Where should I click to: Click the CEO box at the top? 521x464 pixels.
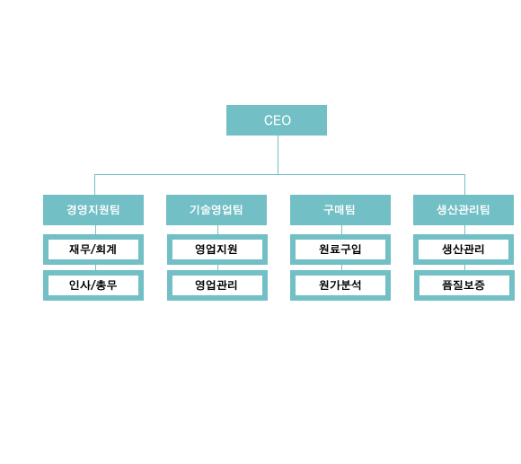click(x=277, y=120)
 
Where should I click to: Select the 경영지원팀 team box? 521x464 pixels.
click(x=93, y=210)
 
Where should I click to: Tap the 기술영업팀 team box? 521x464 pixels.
click(x=216, y=210)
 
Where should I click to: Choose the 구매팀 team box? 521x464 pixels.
click(x=340, y=210)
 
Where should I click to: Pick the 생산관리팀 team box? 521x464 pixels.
click(x=464, y=210)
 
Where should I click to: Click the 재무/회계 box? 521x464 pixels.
click(x=93, y=250)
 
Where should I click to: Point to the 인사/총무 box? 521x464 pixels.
click(x=93, y=285)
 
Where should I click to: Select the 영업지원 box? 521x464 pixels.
click(x=217, y=250)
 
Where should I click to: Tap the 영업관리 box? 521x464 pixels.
click(x=217, y=285)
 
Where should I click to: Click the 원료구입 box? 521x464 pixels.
click(x=340, y=250)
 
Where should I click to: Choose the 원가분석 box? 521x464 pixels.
click(x=340, y=285)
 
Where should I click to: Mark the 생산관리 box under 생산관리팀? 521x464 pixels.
click(x=464, y=250)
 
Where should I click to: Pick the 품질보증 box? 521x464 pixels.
click(x=464, y=285)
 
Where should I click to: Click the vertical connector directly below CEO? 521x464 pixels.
click(x=278, y=154)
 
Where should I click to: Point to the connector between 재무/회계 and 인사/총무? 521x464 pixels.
click(x=96, y=267)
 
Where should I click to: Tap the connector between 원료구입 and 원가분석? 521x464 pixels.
click(x=342, y=267)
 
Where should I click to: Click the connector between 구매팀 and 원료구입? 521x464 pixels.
click(x=342, y=230)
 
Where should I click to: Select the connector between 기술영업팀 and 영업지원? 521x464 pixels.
click(x=218, y=230)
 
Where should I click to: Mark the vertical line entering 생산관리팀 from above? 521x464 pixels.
click(x=464, y=185)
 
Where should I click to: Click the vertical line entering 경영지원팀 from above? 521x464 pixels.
click(x=94, y=185)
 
